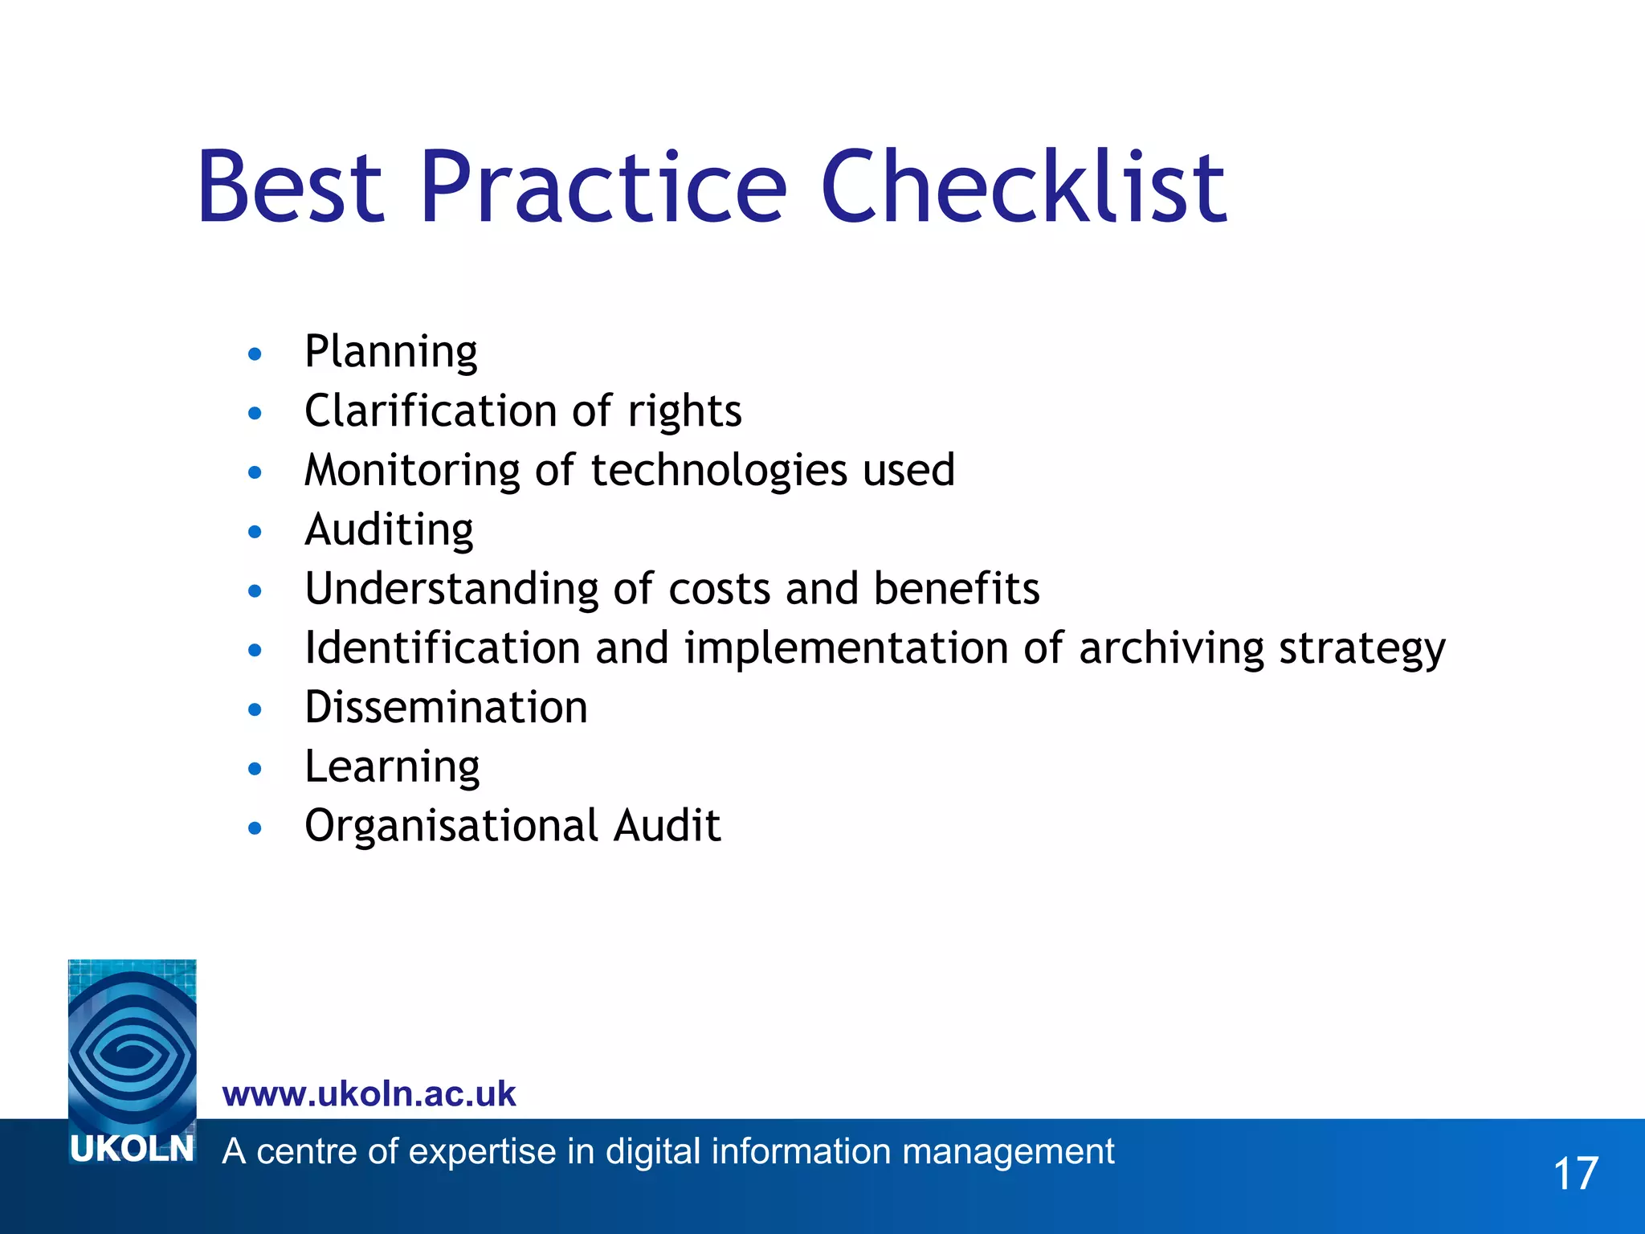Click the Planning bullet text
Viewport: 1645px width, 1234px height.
pos(391,353)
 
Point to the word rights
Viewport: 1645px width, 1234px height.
pos(684,412)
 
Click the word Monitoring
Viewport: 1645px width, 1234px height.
pos(412,472)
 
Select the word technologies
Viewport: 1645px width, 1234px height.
pos(719,471)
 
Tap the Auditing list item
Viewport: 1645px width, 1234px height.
pos(389,531)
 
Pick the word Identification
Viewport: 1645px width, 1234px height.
pos(443,648)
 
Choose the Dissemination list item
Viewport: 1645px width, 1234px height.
pos(446,708)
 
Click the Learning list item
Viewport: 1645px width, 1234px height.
pos(392,768)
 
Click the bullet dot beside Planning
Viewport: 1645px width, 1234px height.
pos(255,354)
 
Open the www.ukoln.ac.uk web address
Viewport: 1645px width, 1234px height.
pos(369,1094)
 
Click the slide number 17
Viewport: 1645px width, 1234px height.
pos(1575,1174)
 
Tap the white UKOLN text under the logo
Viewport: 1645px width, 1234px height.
pos(133,1150)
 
